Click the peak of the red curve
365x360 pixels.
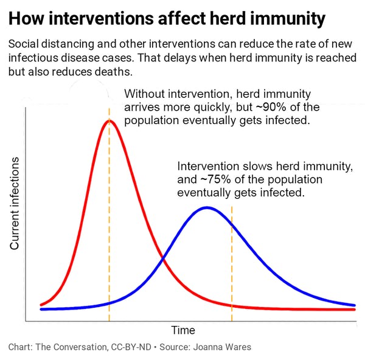tap(109, 120)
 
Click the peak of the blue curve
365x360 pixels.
tap(207, 207)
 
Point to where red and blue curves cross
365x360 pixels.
tap(163, 261)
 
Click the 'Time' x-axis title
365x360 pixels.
tap(183, 330)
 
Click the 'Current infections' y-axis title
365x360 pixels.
tap(15, 203)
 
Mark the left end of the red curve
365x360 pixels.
tap(41, 305)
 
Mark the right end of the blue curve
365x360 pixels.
tap(355, 305)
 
